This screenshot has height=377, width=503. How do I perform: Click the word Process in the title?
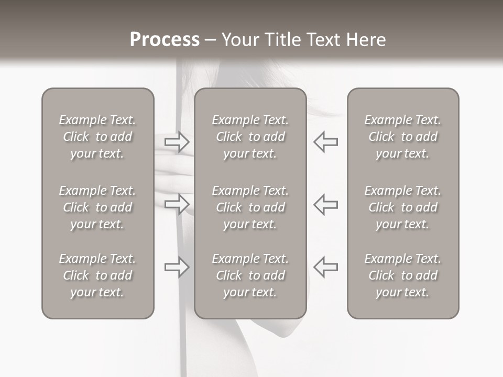pos(165,40)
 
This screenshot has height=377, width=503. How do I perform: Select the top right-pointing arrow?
pos(177,141)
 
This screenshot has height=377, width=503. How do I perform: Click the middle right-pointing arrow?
pos(177,204)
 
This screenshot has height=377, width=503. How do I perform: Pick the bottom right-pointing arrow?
pos(177,267)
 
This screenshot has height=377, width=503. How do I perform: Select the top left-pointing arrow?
pos(325,141)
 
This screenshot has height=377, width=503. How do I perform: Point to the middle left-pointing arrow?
pos(325,204)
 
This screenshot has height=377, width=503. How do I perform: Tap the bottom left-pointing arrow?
pos(325,267)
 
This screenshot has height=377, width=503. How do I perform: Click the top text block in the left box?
pos(97,137)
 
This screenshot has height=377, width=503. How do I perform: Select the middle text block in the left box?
pos(97,207)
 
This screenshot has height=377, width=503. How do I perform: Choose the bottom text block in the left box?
pos(97,275)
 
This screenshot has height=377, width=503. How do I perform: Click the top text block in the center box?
pos(250,137)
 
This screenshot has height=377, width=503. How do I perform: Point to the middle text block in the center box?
pos(250,207)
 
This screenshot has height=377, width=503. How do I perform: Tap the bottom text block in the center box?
pos(250,275)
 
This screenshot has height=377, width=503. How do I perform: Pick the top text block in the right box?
pos(402,137)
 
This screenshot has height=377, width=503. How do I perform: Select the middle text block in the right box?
pos(402,207)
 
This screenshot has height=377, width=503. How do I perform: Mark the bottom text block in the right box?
pos(402,275)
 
